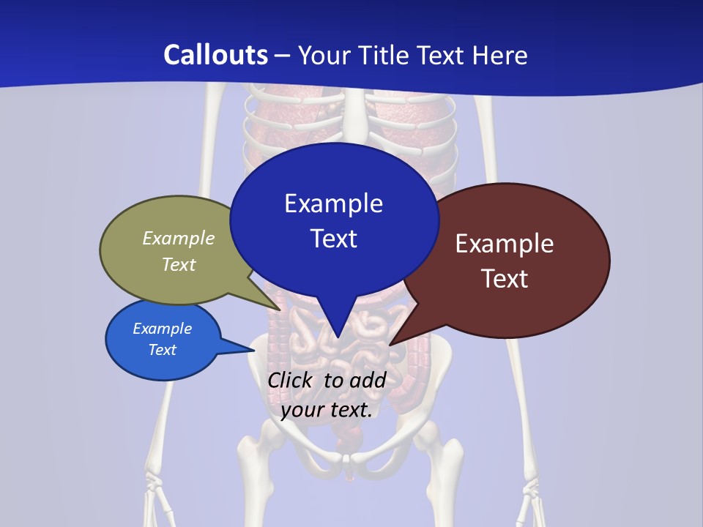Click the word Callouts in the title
215,55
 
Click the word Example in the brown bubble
505,244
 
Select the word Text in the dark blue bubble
333,239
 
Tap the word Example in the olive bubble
179,238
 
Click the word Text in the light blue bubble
163,350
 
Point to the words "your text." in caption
327,409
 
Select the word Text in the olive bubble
179,264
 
